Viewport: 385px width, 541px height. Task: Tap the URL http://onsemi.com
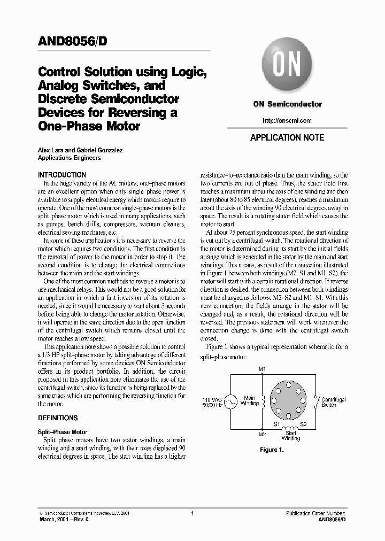[x=287, y=120]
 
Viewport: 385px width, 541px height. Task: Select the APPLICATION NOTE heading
[x=287, y=137]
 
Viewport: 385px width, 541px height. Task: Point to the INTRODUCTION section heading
[x=61, y=175]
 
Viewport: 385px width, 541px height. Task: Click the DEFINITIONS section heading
[x=57, y=418]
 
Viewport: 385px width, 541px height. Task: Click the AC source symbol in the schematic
[x=230, y=401]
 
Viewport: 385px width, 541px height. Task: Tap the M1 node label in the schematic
[x=262, y=369]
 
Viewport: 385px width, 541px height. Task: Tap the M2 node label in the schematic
[x=262, y=434]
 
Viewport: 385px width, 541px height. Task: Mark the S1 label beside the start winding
[x=277, y=424]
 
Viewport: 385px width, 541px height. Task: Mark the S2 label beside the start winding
[x=303, y=424]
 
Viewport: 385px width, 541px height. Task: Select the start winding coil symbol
[x=290, y=429]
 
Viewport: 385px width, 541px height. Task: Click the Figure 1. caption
[x=272, y=450]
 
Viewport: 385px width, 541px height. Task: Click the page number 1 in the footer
[x=191, y=513]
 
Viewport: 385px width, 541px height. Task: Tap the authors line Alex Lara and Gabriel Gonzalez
[x=80, y=150]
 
